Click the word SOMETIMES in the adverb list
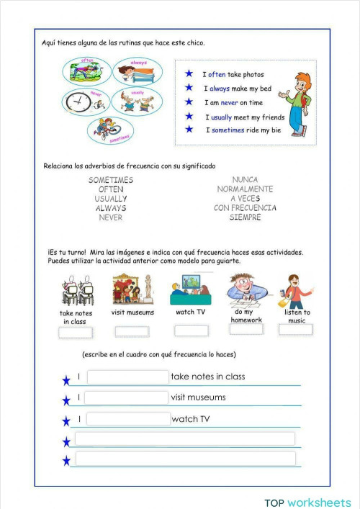click(x=110, y=180)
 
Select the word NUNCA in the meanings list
click(x=245, y=180)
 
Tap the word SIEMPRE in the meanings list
click(x=245, y=217)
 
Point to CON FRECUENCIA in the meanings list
click(x=245, y=208)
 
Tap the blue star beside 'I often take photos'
click(x=189, y=73)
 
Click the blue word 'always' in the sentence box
click(x=220, y=88)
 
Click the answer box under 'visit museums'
click(x=132, y=331)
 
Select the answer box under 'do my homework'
click(x=246, y=329)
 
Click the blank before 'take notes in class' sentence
click(x=127, y=377)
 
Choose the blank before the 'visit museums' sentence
click(x=127, y=397)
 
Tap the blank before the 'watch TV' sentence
click(x=128, y=419)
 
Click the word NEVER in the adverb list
click(x=110, y=217)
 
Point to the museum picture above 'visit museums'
click(x=132, y=290)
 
